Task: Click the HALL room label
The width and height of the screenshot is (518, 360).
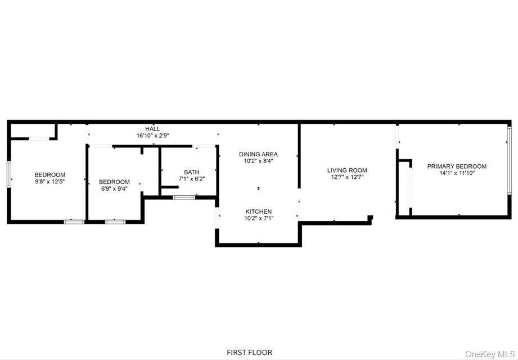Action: coord(152,129)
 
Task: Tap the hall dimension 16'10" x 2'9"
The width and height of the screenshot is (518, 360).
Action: coord(152,136)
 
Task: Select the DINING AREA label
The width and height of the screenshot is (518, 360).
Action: coord(258,154)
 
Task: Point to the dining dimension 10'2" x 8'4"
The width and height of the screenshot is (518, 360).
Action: coord(258,161)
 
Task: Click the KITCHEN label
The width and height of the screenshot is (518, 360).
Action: coord(258,211)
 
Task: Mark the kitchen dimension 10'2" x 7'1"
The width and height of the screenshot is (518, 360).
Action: coord(258,218)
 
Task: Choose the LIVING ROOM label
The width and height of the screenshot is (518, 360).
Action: coord(347,170)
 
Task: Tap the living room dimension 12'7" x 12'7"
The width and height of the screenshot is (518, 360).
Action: coord(347,178)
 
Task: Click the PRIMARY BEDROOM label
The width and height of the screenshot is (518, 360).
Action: coord(457,166)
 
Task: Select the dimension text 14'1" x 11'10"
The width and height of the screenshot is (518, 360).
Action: coord(457,173)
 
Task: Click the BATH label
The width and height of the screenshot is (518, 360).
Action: coord(191,172)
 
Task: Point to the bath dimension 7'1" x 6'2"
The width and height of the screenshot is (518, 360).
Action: coord(191,179)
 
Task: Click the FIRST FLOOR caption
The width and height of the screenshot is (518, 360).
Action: coord(249,353)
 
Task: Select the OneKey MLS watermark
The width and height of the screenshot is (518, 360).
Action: coord(489,354)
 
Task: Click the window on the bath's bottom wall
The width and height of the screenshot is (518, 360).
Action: coord(184,197)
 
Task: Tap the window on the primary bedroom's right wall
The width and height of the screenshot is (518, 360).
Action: coord(509,161)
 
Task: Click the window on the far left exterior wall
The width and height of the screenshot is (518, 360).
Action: coord(8,174)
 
